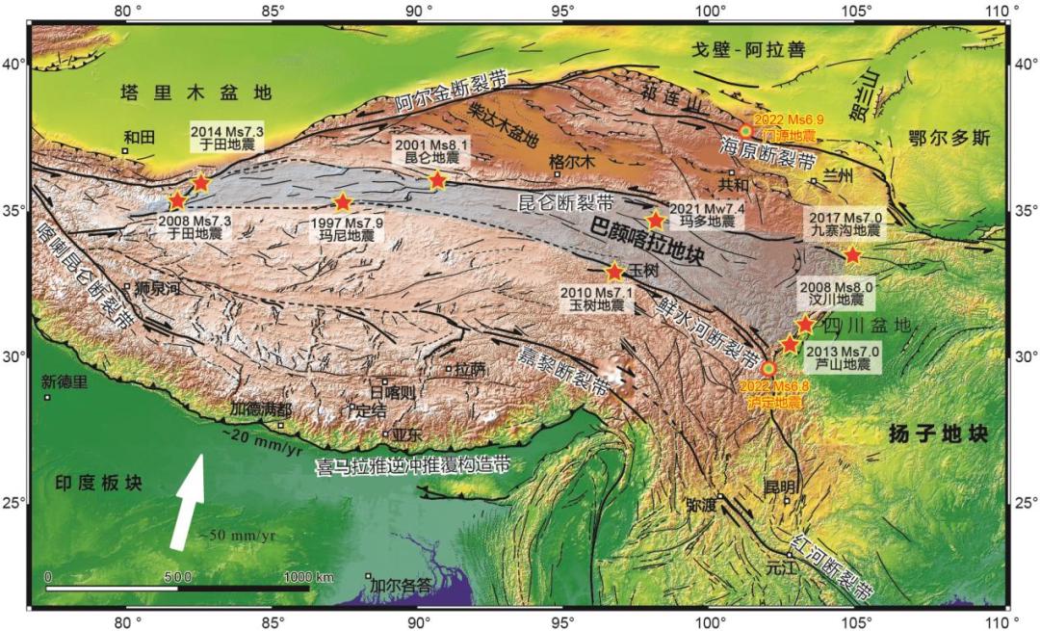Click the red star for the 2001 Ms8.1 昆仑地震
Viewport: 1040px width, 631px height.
tap(437, 180)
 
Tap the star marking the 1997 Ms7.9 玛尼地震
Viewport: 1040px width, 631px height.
tap(343, 202)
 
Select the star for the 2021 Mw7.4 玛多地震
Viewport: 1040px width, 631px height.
tap(656, 220)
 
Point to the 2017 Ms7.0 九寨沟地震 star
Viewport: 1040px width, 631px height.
tap(852, 255)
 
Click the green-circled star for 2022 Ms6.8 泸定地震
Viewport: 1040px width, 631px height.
tap(768, 368)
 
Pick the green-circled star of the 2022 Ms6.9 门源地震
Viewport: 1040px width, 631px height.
tap(745, 131)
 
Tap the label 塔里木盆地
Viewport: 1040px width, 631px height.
tap(195, 92)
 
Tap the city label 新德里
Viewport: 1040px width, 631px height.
tap(65, 381)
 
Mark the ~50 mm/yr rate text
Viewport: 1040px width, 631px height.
tap(237, 535)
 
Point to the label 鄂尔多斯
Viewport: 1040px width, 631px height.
tap(949, 138)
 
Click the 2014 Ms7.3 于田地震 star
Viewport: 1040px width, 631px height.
tap(201, 182)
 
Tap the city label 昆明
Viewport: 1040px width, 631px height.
tap(781, 486)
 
